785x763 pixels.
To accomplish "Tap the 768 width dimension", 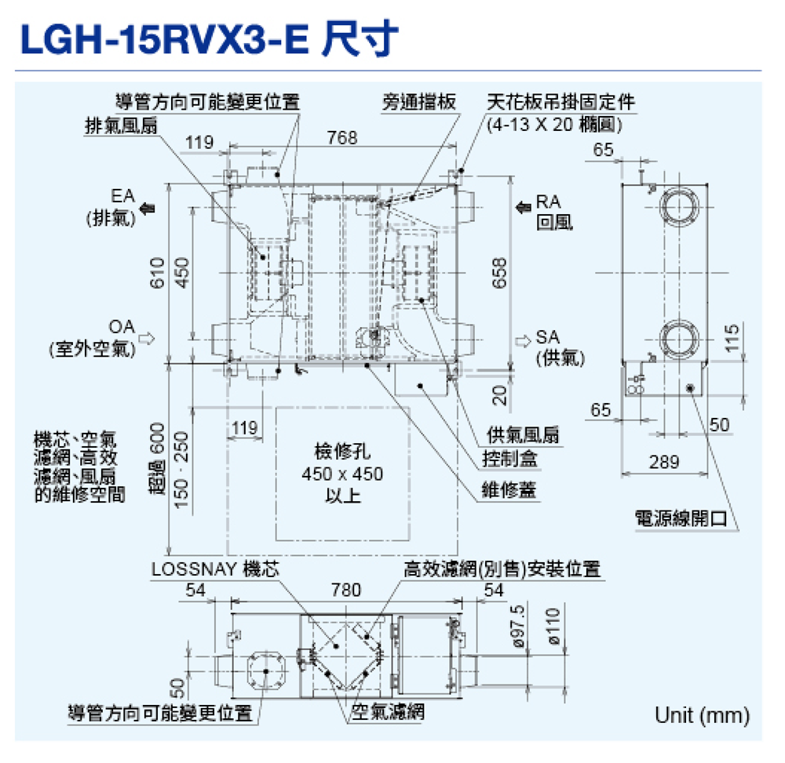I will (x=342, y=139).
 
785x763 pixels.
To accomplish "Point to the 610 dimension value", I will (x=158, y=272).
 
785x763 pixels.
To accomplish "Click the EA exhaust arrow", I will (x=147, y=208).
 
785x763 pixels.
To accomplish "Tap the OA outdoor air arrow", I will (x=147, y=338).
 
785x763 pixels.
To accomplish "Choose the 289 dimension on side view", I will (x=664, y=462).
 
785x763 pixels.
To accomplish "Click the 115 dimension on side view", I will (x=732, y=339).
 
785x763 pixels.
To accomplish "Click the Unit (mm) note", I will (x=702, y=715).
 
